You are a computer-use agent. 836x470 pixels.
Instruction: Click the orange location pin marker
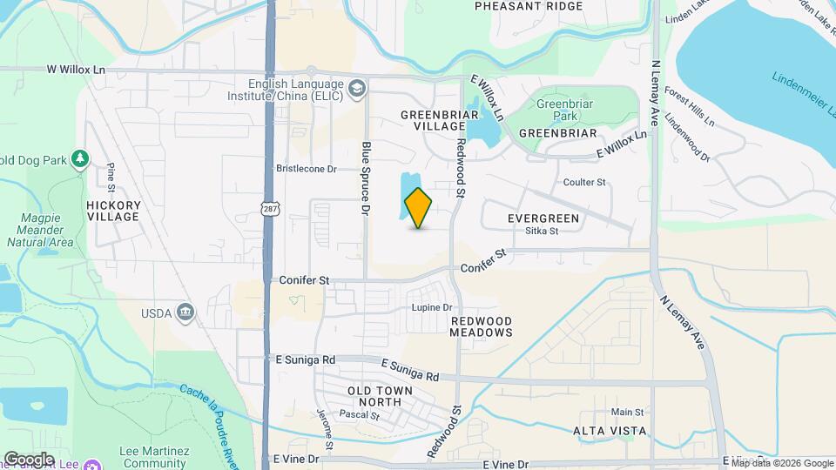point(419,207)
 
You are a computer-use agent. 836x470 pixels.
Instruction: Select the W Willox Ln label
point(76,68)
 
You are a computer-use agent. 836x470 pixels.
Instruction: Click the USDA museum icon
point(185,312)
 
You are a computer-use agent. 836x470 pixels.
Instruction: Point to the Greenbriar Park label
point(558,110)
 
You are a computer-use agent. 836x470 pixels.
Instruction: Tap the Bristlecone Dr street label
point(306,169)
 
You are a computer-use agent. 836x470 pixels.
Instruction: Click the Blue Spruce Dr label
point(367,178)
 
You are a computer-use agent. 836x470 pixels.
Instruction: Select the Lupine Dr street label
point(432,308)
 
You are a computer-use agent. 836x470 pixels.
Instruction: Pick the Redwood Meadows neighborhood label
point(482,327)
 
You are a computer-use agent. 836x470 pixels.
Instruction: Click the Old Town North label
point(380,397)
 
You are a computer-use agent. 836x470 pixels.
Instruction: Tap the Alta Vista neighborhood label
point(610,431)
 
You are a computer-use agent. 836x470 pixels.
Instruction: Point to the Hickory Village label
point(113,211)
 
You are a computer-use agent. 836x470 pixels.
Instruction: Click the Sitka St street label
point(541,231)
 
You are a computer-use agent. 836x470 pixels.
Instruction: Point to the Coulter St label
point(584,183)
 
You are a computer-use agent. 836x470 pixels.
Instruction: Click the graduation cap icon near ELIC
point(357,89)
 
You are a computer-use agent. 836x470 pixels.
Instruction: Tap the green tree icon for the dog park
point(80,158)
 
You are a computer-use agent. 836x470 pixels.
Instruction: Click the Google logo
point(28,459)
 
